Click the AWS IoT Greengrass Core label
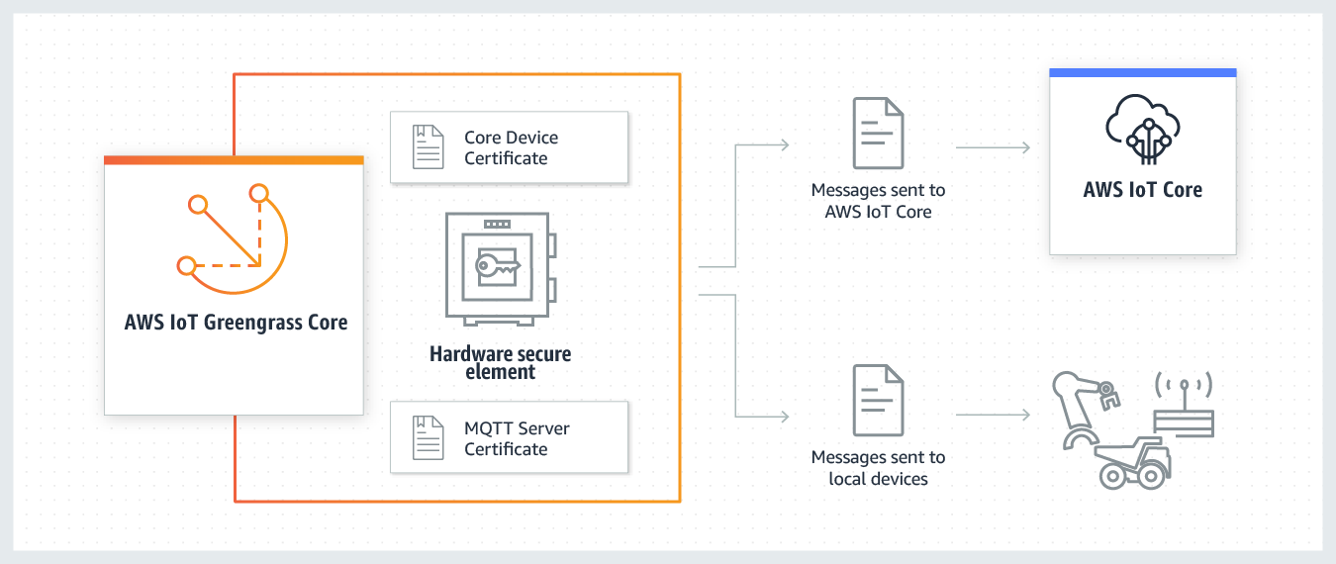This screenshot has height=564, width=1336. coord(236,323)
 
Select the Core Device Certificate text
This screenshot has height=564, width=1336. coord(511,147)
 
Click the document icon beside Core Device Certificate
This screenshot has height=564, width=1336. coord(429,147)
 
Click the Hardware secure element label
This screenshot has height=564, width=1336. coord(501,362)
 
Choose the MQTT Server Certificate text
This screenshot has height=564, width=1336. coord(517,438)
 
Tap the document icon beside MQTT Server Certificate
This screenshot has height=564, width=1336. coord(429,438)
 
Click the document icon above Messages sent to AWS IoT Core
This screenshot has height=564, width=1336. coord(878,133)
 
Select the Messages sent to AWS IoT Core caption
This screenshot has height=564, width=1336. coord(878,200)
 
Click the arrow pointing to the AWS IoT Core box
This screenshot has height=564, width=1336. coord(994,147)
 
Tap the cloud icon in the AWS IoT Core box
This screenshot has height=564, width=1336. coord(1143,129)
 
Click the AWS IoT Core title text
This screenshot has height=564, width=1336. coord(1143,189)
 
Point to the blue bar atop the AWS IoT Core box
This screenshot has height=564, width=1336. coord(1143,72)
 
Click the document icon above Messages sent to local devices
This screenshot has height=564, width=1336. coord(878,400)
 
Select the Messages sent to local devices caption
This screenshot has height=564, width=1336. coord(878,467)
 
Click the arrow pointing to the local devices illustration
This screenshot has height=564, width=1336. coord(994,415)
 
